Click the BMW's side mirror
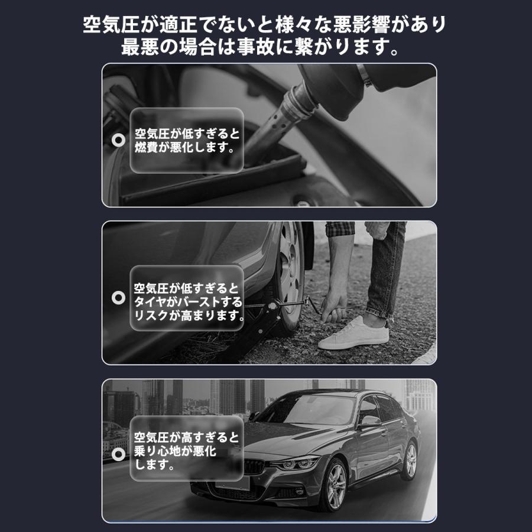pyautogui.click(x=371, y=421)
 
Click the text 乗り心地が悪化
pyautogui.click(x=175, y=452)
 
